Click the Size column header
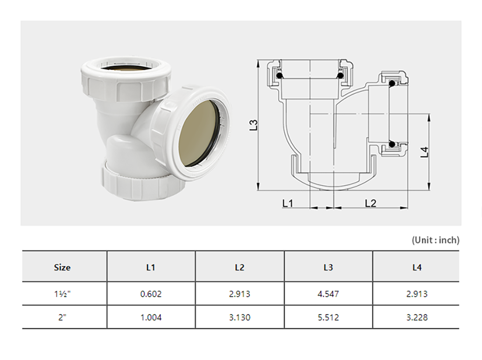click(x=62, y=267)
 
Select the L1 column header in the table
click(x=151, y=267)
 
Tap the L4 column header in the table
click(x=417, y=267)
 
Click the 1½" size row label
click(x=62, y=294)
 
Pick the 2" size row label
click(x=62, y=317)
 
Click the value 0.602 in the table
click(x=151, y=294)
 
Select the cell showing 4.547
click(x=328, y=294)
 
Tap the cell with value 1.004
click(x=151, y=317)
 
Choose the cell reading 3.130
click(x=239, y=317)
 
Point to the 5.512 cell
click(x=328, y=317)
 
